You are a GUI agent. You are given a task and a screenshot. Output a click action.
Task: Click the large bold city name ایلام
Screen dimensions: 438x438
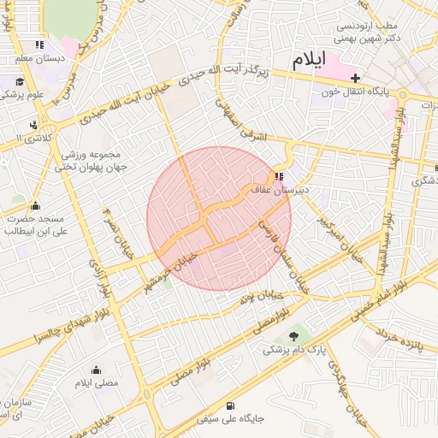pyautogui.click(x=309, y=61)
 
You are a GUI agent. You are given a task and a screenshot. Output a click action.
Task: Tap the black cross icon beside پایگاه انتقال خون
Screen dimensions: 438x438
pyautogui.click(x=356, y=78)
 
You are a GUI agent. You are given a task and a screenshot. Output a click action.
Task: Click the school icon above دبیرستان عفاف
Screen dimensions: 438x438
pyautogui.click(x=280, y=177)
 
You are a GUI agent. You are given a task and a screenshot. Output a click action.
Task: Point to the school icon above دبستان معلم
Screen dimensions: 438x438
pyautogui.click(x=39, y=44)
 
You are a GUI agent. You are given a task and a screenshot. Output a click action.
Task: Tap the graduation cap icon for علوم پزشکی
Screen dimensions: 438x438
pyautogui.click(x=19, y=82)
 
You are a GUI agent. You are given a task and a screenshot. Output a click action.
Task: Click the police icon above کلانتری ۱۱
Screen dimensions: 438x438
pyautogui.click(x=33, y=124)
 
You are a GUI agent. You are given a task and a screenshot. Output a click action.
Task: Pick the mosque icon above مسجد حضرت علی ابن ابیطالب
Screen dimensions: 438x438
pyautogui.click(x=35, y=205)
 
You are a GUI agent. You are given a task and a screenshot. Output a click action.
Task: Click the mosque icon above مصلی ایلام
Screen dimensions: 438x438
pyautogui.click(x=95, y=370)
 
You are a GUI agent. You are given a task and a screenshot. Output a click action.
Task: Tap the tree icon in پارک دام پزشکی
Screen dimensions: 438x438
pyautogui.click(x=295, y=336)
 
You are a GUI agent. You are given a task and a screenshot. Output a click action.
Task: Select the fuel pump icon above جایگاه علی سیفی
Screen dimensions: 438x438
pyautogui.click(x=230, y=405)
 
